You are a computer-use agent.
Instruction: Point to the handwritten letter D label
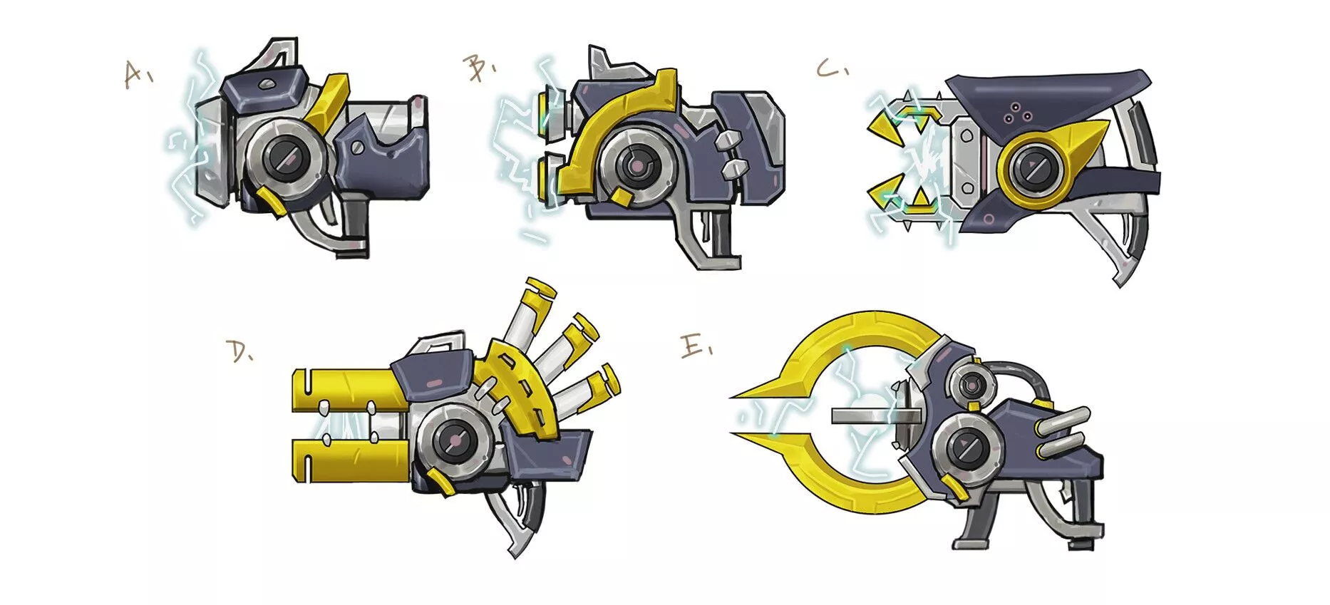[x=239, y=351]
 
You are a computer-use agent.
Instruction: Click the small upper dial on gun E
[x=969, y=386]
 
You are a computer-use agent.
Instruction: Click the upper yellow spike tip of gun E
[x=731, y=397]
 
